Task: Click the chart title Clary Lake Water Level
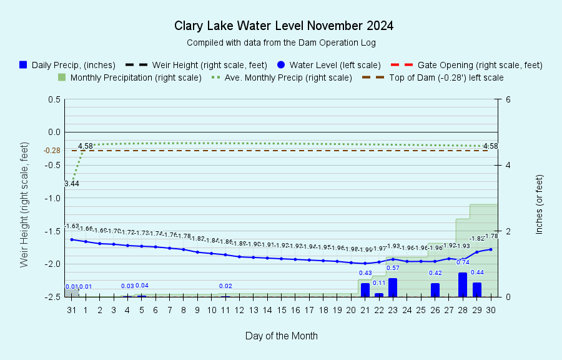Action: pos(283,26)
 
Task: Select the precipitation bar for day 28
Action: pos(463,284)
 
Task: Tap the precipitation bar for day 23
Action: pos(393,287)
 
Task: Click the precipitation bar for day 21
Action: pos(365,290)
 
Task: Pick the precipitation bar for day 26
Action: pos(435,290)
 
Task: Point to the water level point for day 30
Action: pos(491,249)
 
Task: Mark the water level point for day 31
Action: pos(72,239)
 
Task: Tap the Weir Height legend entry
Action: pos(196,65)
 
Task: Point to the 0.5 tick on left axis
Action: pos(54,99)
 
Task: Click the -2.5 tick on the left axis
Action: pos(52,297)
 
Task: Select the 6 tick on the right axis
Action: pos(509,99)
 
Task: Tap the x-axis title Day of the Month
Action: pos(281,336)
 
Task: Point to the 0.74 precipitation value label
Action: pos(463,262)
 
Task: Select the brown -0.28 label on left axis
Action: pos(52,151)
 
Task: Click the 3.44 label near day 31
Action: pos(71,184)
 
